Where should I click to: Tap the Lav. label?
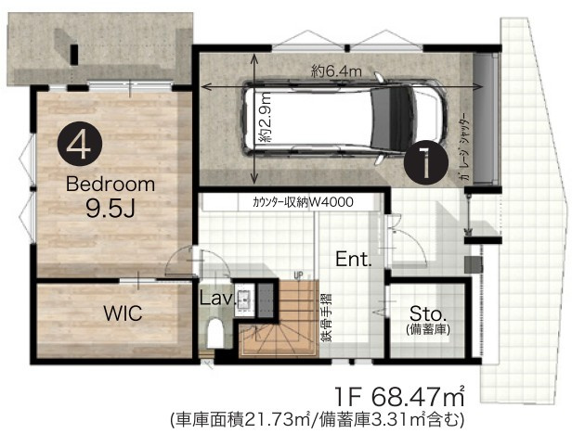click(216, 299)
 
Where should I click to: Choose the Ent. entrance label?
click(353, 259)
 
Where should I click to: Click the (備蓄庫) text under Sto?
click(427, 329)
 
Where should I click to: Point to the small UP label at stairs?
click(297, 275)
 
